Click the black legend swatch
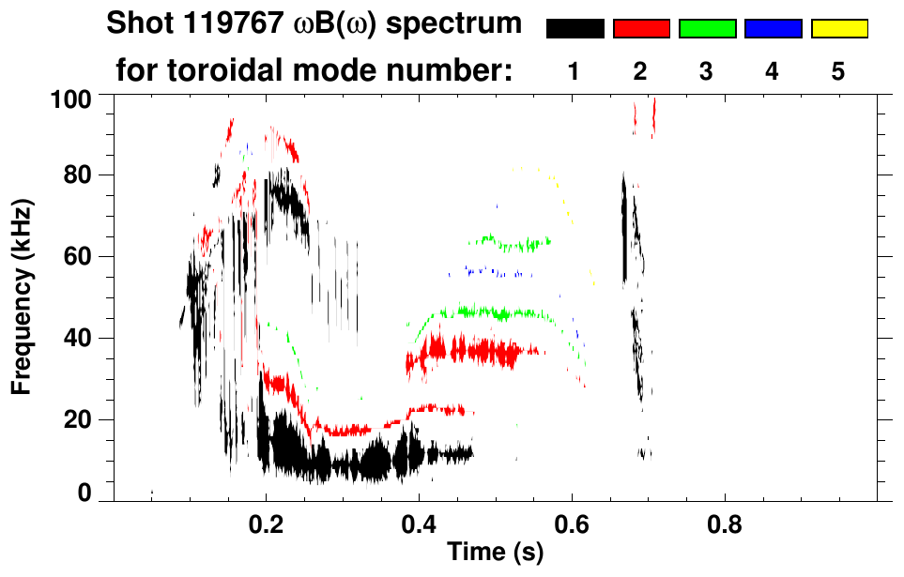click(x=575, y=29)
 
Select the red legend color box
click(x=641, y=29)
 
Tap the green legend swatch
click(x=707, y=29)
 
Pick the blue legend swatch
click(x=773, y=29)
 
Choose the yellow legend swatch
click(x=839, y=29)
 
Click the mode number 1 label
click(x=575, y=71)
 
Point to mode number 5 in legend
click(x=838, y=71)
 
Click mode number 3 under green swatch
click(x=707, y=71)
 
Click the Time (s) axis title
click(x=495, y=553)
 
